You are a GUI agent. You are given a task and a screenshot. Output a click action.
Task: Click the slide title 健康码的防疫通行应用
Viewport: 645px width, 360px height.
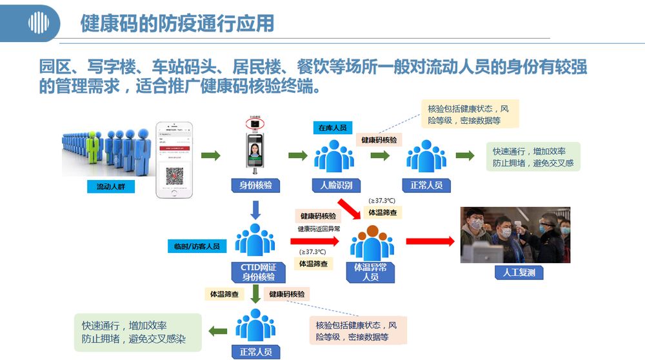click(x=177, y=23)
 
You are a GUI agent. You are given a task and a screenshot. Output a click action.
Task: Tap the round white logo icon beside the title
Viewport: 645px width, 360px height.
click(x=39, y=24)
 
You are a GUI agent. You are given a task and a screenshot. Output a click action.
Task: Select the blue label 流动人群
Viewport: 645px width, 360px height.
click(x=114, y=187)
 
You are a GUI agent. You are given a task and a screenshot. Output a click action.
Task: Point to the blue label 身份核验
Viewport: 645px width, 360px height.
click(x=255, y=186)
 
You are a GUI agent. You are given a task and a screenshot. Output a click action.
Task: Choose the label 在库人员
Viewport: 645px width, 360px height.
click(x=332, y=128)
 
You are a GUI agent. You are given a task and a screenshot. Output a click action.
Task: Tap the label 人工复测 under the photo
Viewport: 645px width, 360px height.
click(x=519, y=272)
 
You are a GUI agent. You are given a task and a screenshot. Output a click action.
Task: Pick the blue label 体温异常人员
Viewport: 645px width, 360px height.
click(x=370, y=272)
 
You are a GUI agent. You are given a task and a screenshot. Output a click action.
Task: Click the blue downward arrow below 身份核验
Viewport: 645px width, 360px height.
click(x=255, y=209)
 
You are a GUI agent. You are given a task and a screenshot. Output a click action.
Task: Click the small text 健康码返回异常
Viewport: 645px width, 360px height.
click(x=318, y=229)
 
